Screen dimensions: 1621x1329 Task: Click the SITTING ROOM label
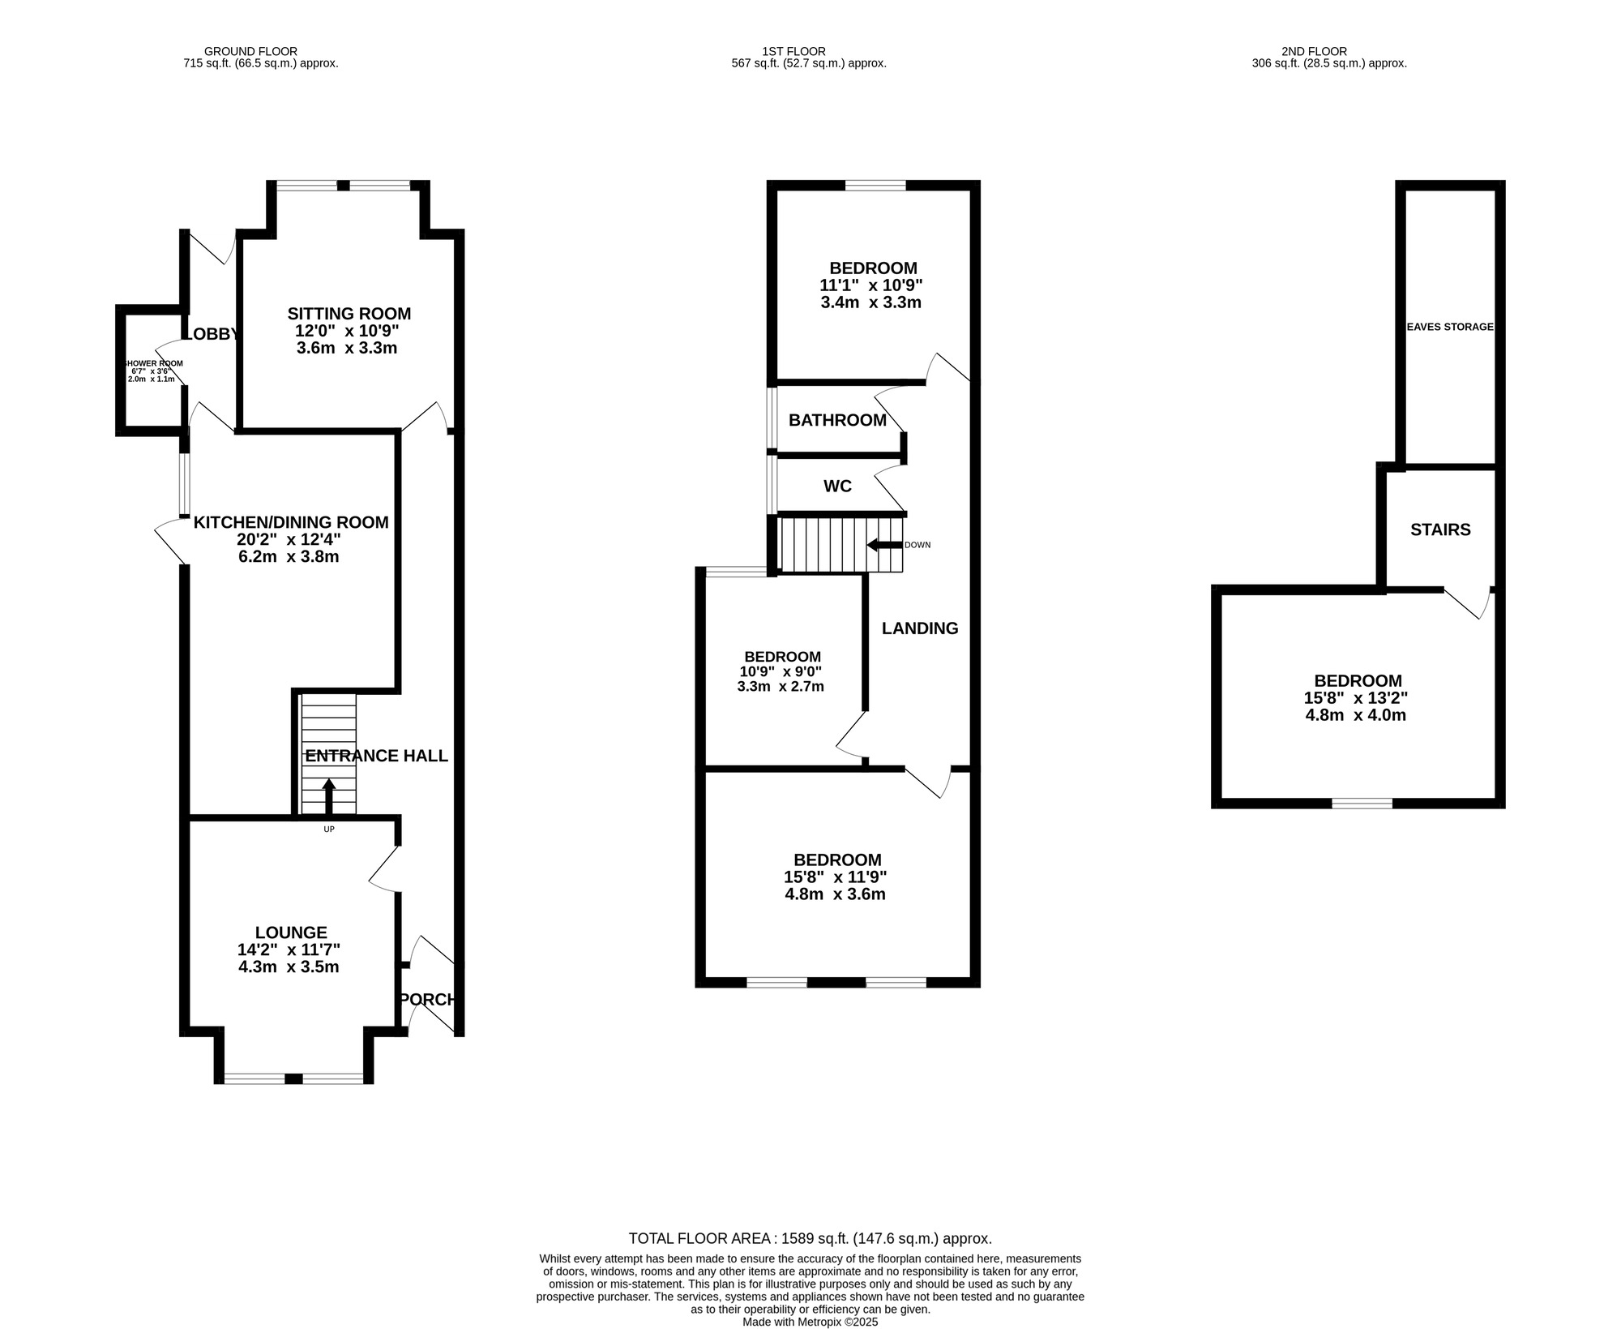349,314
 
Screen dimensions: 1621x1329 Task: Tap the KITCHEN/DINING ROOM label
291,522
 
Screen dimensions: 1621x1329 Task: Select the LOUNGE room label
291,932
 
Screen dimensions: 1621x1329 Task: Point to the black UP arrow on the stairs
329,796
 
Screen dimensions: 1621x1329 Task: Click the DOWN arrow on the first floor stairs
884,545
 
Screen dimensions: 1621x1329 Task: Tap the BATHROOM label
837,420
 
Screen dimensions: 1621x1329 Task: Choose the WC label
837,487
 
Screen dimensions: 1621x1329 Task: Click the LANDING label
920,628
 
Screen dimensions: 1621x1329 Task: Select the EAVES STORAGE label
1449,327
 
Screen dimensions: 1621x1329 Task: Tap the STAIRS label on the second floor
1440,529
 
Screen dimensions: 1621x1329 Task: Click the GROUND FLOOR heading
250,51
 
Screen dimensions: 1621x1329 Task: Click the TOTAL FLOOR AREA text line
810,1238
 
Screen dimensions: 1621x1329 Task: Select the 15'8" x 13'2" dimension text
1355,698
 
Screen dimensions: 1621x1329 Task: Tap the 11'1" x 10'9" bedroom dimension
871,285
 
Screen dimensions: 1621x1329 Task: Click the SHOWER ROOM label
152,363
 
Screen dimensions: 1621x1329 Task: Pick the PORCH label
428,1000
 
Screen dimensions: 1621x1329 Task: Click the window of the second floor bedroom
1362,804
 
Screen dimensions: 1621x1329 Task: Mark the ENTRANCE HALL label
376,756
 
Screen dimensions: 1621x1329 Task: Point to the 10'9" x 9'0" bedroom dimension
781,671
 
